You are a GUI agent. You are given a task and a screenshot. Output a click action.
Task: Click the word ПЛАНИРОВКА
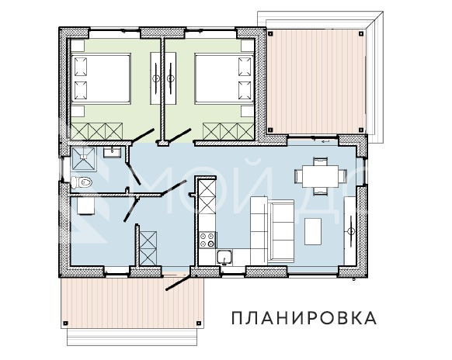304,317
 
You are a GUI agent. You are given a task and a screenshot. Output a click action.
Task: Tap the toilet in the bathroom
83,182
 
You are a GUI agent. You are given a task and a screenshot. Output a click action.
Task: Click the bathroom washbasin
112,152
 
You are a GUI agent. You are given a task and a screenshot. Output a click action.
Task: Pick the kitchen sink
226,256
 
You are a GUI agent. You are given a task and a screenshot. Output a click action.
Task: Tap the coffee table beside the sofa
314,230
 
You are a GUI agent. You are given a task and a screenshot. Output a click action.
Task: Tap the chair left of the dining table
301,176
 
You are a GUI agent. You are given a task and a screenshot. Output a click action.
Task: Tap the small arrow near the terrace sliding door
327,142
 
